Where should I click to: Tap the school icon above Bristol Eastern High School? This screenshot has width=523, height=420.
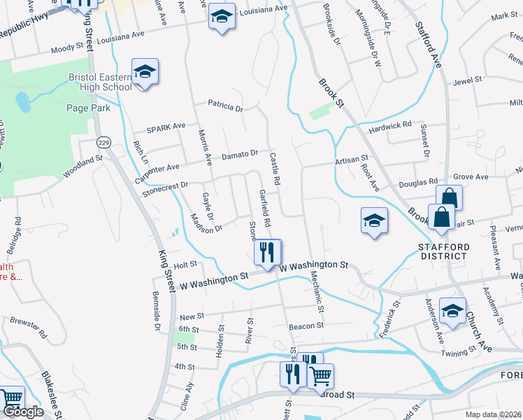click(x=145, y=72)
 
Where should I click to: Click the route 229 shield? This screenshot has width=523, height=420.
click(x=103, y=142)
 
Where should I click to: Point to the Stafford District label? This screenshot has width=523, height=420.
click(x=443, y=251)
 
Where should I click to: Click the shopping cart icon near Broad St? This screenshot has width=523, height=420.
click(x=320, y=376)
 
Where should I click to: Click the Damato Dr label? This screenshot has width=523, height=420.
click(x=241, y=153)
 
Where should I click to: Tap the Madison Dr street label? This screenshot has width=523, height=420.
click(x=206, y=223)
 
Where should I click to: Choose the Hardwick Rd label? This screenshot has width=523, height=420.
click(x=392, y=127)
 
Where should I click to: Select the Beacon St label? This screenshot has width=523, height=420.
click(x=306, y=325)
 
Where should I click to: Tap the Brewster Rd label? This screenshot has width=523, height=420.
click(x=28, y=326)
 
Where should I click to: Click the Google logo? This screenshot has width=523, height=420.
click(x=22, y=412)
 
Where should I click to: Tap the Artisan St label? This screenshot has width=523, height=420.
click(x=351, y=160)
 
